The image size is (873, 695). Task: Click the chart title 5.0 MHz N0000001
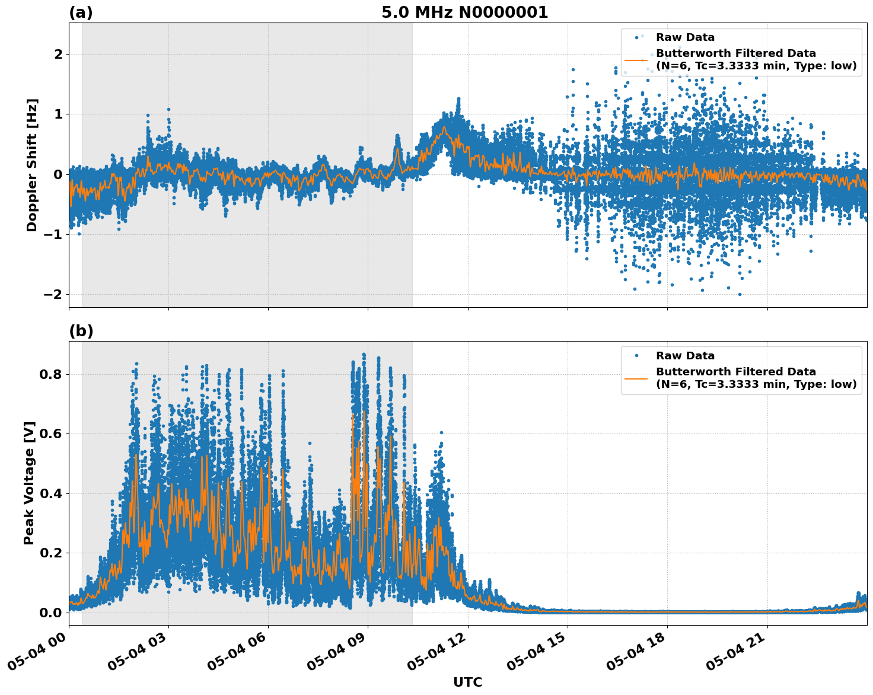tap(464, 12)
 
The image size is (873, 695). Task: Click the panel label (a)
tap(81, 12)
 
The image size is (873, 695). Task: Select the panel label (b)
tap(81, 331)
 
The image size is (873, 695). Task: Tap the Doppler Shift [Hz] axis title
tap(32, 165)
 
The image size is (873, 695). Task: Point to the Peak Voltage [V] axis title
tap(30, 483)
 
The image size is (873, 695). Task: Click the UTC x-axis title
tap(467, 682)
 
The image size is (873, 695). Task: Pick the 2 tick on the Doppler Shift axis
tap(58, 55)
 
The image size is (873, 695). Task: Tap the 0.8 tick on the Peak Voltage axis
tap(52, 374)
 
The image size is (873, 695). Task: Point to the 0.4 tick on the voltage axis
tap(52, 493)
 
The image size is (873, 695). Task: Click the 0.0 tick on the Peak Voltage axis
tap(52, 613)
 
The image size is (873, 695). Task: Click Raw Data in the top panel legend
tap(685, 37)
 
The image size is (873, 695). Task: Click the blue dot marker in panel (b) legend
tap(636, 356)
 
